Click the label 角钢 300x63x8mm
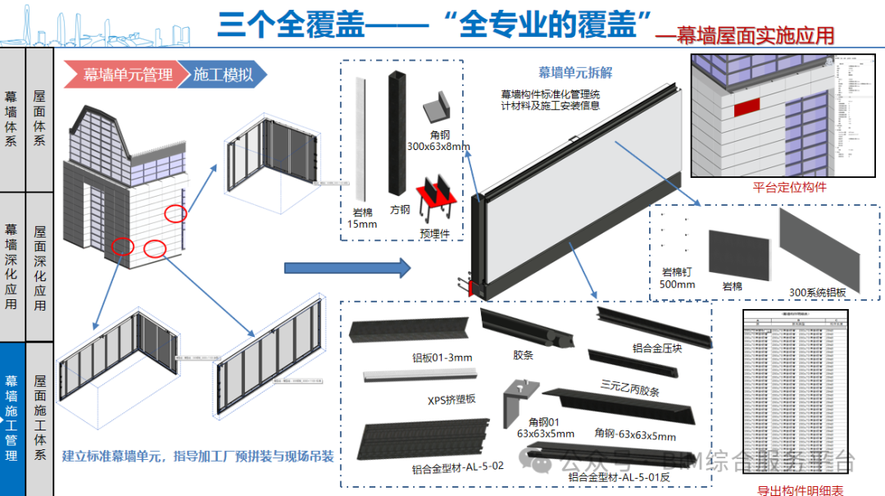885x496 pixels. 438,140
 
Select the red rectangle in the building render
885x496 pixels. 746,107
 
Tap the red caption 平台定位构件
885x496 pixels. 789,187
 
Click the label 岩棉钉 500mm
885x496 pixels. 677,278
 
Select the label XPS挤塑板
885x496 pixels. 452,400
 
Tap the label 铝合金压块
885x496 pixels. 657,348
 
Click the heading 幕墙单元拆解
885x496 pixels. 575,72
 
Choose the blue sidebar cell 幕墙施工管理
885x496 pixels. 12,418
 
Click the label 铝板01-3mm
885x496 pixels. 442,357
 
